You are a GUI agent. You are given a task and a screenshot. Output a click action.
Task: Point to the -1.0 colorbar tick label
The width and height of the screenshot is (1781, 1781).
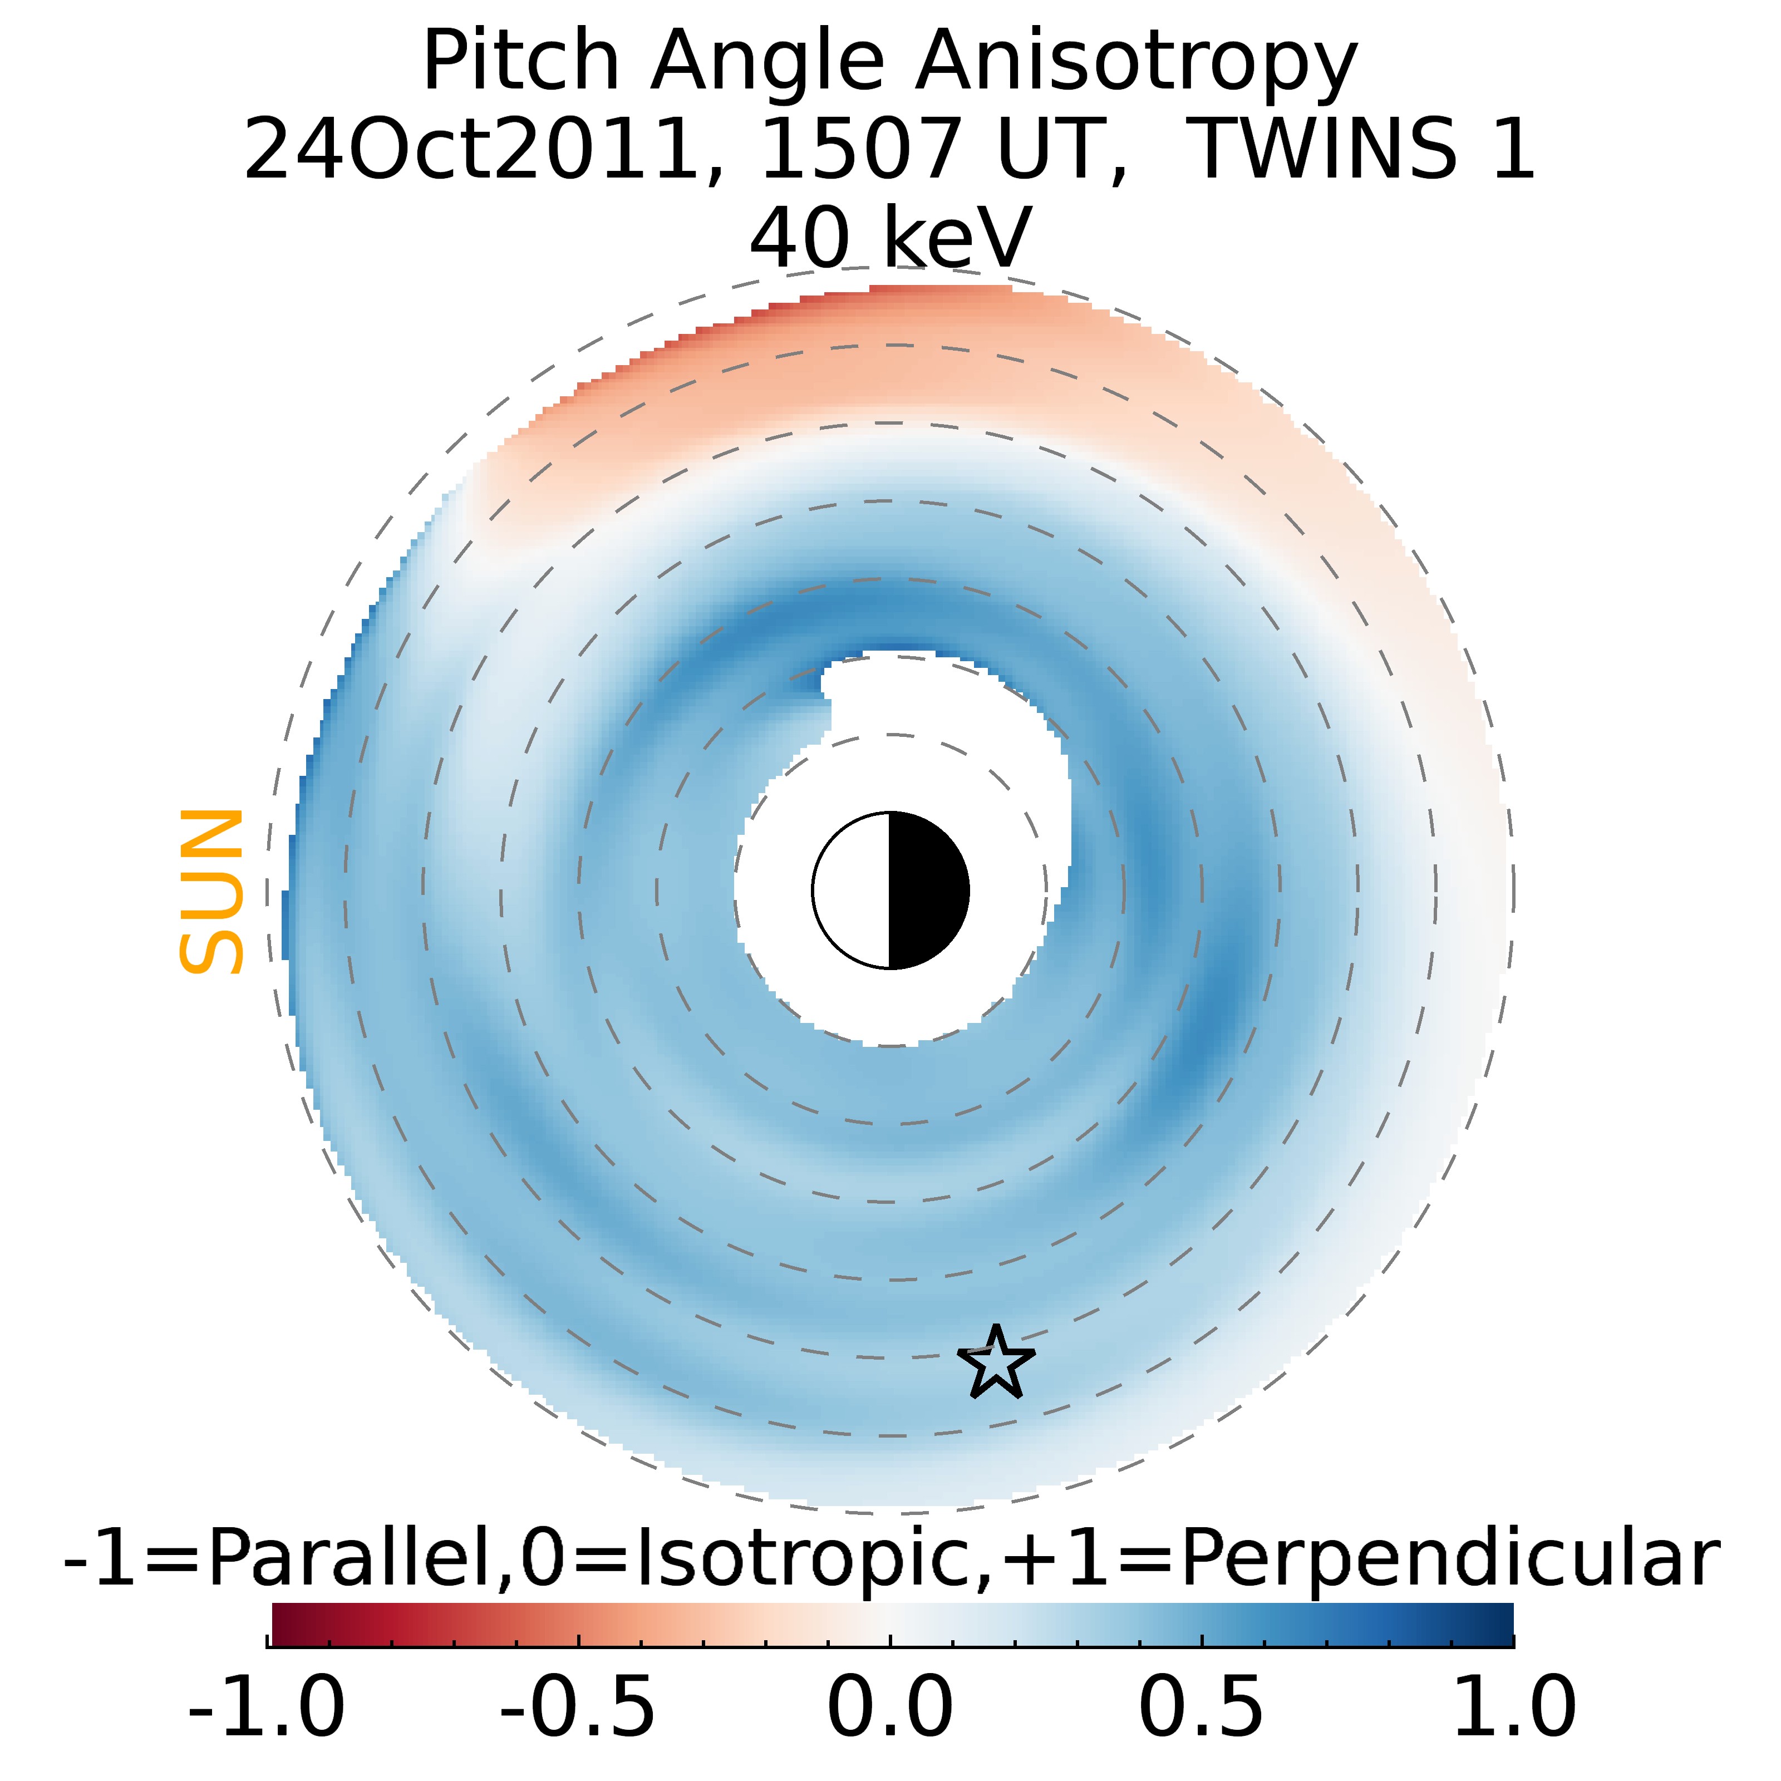[267, 1706]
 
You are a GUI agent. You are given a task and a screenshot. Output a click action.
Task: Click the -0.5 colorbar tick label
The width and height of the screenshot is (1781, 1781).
[578, 1706]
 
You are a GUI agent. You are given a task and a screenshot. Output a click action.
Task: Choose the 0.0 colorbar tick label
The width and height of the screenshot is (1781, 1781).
[889, 1706]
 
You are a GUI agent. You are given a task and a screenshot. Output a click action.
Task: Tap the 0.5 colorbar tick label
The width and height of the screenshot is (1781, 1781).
[1201, 1706]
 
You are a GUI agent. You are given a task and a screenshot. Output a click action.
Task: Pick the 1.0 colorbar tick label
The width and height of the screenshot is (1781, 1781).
[1513, 1706]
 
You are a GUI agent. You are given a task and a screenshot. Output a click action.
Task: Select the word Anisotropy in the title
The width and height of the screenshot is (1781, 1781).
[1136, 63]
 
